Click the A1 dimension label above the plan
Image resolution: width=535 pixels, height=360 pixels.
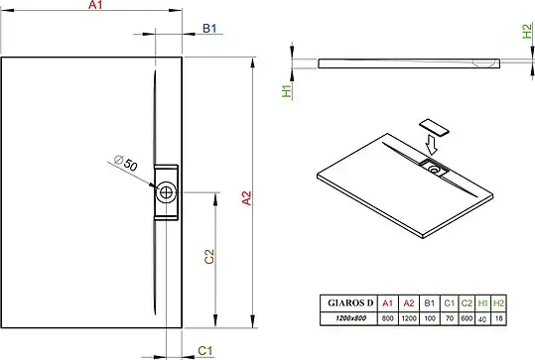click(95, 4)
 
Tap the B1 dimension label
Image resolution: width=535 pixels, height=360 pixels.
click(209, 29)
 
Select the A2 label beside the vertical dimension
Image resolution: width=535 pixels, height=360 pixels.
click(246, 198)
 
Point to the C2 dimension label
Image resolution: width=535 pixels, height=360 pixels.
click(209, 257)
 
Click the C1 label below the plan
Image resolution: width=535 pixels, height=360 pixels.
click(205, 350)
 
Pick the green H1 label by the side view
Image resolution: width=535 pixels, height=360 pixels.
click(287, 91)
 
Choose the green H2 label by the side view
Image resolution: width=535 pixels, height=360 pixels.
click(527, 31)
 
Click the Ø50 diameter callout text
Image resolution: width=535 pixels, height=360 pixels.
click(125, 163)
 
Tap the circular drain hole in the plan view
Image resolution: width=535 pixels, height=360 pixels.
click(166, 192)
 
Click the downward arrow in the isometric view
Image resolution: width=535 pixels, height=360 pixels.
click(431, 145)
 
